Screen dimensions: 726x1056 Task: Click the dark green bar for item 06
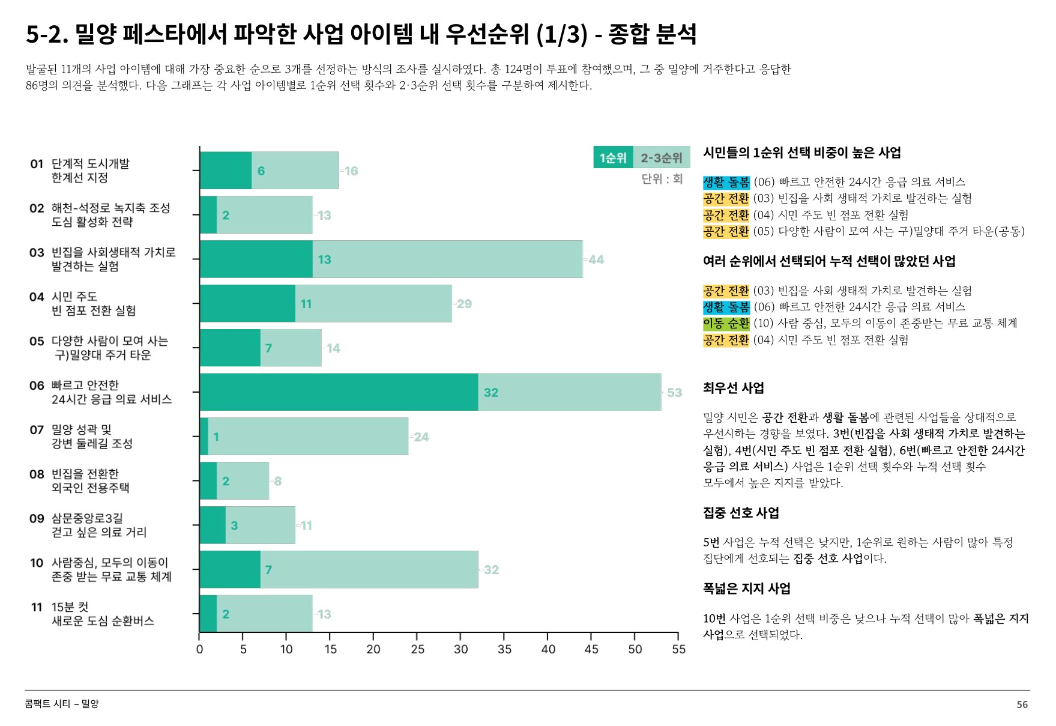[339, 392]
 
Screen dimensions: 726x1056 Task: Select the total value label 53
[675, 393]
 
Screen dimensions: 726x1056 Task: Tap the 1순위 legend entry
[613, 157]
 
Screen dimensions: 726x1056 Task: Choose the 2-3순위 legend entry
[661, 157]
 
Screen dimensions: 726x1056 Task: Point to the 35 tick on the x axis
[504, 649]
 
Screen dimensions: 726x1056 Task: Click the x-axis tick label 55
[678, 649]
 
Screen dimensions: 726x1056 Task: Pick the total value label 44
[596, 260]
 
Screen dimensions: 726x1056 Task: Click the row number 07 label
[37, 430]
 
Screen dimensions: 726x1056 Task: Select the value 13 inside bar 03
[324, 260]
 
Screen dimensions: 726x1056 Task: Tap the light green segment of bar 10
[369, 569]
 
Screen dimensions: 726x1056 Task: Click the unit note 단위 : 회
[662, 179]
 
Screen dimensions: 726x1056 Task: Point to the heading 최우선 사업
[733, 388]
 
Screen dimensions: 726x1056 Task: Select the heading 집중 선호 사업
[741, 513]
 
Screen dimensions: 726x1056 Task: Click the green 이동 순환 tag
[726, 324]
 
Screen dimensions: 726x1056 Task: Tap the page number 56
[1022, 704]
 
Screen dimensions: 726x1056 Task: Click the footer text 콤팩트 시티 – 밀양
[62, 704]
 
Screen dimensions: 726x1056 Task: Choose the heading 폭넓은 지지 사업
[746, 588]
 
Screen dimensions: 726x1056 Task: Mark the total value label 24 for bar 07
[421, 437]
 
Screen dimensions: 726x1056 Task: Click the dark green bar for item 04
[247, 304]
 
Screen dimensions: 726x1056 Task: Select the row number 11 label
[37, 608]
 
